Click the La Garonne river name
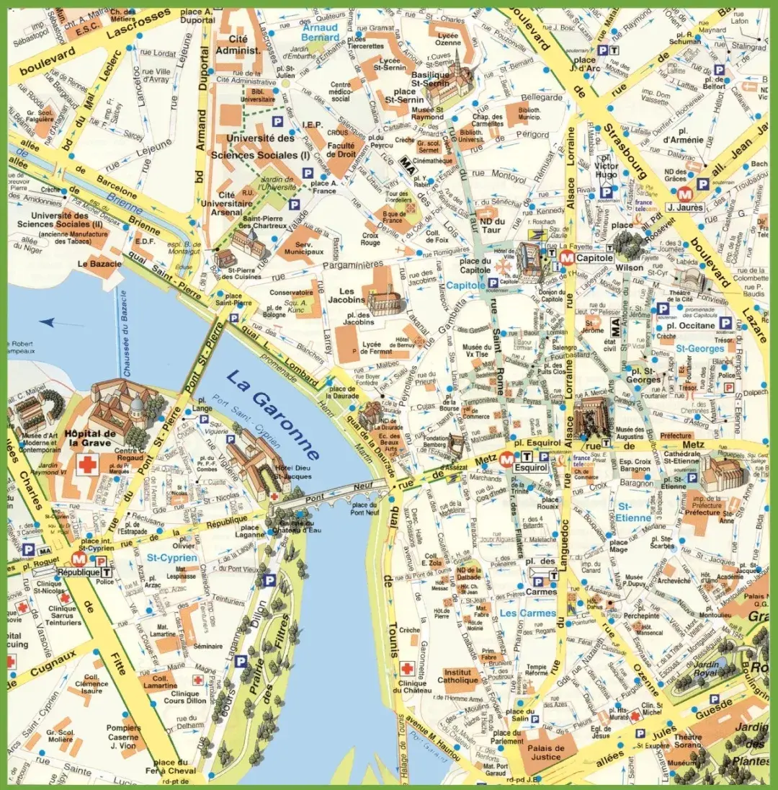tap(272, 414)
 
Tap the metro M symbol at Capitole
tap(567, 257)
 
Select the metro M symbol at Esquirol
tap(507, 457)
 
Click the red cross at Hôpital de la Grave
tap(88, 465)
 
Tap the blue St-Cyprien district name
tap(172, 558)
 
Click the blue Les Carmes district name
tap(528, 613)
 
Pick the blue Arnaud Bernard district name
tap(320, 32)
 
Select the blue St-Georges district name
tap(698, 349)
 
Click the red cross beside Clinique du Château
tap(407, 668)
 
